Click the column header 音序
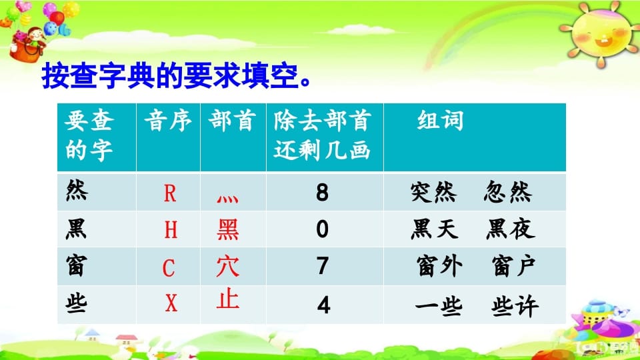[168, 121]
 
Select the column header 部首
[232, 121]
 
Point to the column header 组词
[440, 121]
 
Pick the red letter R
[170, 193]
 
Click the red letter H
[171, 230]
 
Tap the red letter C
[169, 268]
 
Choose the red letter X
[171, 304]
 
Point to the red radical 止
[228, 299]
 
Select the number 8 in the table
[323, 193]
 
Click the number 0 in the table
[323, 229]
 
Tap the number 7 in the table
[323, 266]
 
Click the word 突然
[434, 193]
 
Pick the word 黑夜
[510, 229]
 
